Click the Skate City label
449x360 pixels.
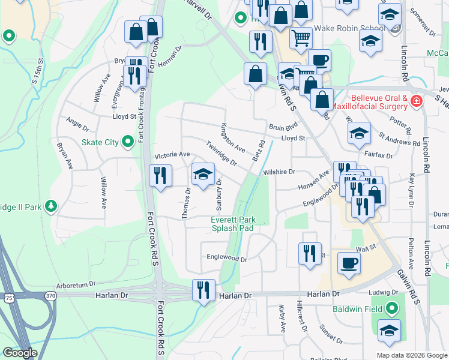[x=100, y=142]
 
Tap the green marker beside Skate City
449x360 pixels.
[x=127, y=142]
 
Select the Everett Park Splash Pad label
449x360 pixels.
[x=234, y=224]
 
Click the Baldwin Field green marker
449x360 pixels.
[x=392, y=309]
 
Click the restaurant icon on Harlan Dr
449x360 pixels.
[x=203, y=290]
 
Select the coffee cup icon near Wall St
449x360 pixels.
[x=349, y=263]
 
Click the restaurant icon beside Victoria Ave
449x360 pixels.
[x=160, y=176]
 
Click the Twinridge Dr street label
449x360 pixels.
[x=221, y=152]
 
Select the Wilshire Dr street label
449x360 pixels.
[x=279, y=172]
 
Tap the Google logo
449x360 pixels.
[x=20, y=353]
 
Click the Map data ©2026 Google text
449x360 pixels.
[x=412, y=355]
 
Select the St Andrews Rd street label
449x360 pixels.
[x=398, y=140]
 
